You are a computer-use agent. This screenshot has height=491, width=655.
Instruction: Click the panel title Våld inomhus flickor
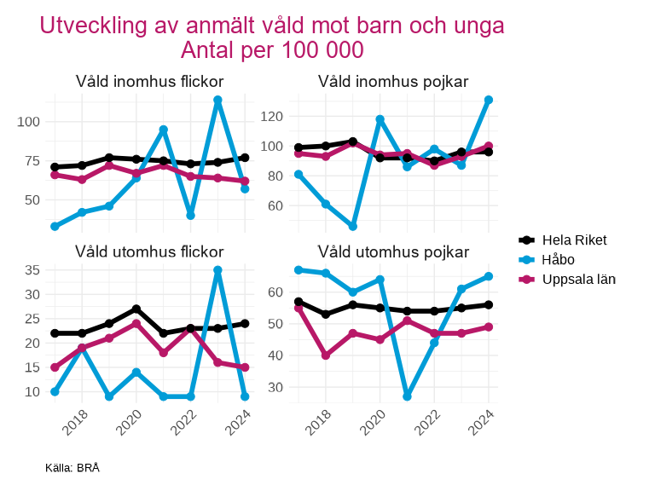(x=149, y=82)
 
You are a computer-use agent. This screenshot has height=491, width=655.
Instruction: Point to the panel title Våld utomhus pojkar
(x=393, y=251)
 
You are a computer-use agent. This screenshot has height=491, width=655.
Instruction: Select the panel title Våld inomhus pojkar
(x=393, y=82)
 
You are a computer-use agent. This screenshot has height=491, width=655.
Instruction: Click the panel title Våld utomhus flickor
(x=149, y=251)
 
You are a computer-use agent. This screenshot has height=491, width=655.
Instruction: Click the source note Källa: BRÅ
(x=72, y=468)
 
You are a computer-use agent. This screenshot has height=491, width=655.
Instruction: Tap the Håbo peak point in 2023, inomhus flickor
(x=217, y=101)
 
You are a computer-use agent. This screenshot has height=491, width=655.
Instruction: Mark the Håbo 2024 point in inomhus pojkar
(x=489, y=100)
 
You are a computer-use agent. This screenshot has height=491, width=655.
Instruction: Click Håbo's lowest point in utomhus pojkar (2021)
(x=407, y=396)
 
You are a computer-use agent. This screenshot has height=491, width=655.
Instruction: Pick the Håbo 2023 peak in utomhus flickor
(x=217, y=270)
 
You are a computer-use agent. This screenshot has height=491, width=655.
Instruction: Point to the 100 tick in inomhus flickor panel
(x=29, y=122)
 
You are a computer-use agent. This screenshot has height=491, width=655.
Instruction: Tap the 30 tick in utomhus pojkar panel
(x=276, y=387)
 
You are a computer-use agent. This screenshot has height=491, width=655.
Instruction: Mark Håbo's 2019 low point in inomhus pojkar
(x=352, y=226)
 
